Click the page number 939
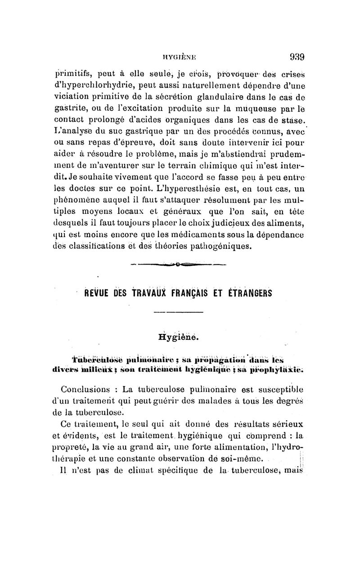[x=297, y=57]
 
